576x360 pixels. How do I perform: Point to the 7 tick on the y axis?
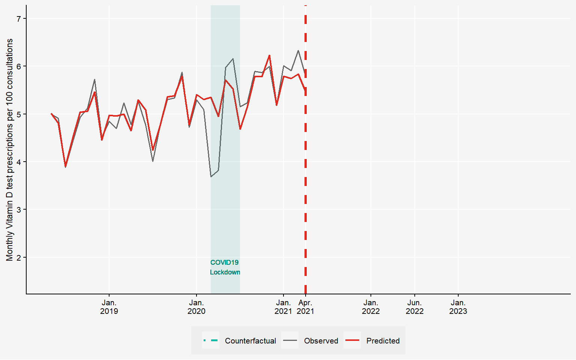[19, 19]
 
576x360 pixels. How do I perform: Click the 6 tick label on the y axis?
[19, 66]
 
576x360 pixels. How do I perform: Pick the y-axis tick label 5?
[19, 114]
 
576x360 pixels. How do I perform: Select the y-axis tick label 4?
[19, 162]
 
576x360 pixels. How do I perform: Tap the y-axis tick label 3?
[19, 210]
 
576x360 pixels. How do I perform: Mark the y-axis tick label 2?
[19, 257]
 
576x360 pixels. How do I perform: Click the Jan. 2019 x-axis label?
[109, 307]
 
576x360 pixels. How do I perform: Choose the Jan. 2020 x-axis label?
[196, 307]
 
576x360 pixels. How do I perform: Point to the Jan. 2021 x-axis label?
[283, 307]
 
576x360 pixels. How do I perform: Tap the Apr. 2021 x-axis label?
[306, 307]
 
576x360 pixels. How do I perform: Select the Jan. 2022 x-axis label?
[371, 307]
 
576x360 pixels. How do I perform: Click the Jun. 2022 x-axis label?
[414, 307]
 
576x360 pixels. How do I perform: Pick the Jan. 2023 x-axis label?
[458, 307]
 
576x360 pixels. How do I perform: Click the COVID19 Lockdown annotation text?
[225, 267]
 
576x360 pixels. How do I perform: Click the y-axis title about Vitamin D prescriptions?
[10, 150]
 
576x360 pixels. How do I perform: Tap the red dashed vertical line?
[306, 187]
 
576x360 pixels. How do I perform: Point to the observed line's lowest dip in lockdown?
[211, 176]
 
